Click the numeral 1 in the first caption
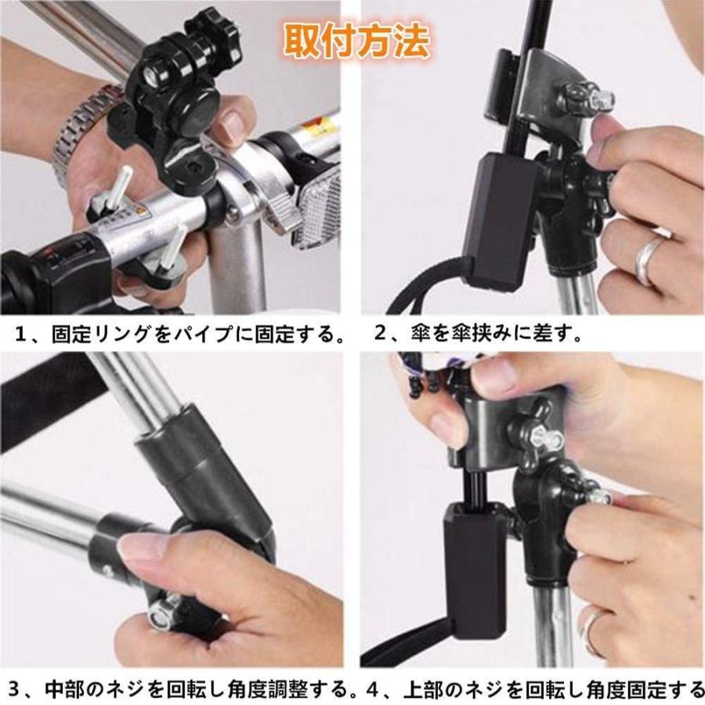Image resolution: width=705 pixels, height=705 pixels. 22,335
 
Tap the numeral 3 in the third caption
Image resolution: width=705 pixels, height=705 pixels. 13,689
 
